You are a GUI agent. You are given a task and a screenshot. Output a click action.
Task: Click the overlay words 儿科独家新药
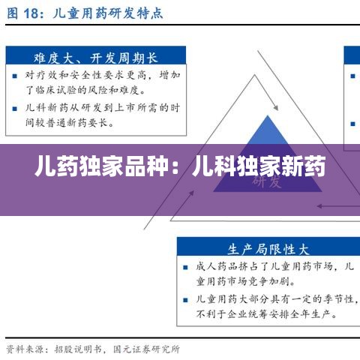(259, 165)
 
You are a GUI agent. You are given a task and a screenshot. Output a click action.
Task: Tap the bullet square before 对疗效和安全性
(16, 75)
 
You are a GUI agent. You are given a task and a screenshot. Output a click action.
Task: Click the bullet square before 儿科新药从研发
(16, 108)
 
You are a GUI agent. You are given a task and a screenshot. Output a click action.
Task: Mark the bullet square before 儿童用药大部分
(186, 299)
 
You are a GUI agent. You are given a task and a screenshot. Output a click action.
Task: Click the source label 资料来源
(22, 349)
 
